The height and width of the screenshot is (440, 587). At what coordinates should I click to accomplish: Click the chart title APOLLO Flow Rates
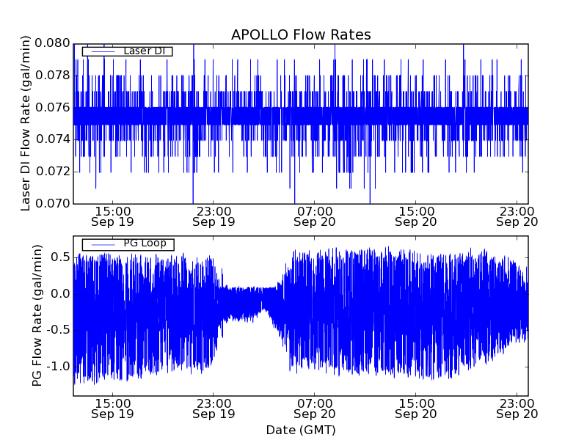[301, 34]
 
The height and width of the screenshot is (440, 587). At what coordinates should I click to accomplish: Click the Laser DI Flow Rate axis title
[26, 123]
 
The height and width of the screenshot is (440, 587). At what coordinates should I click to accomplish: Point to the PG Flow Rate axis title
[37, 316]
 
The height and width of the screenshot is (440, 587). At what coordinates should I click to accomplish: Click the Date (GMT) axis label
[301, 430]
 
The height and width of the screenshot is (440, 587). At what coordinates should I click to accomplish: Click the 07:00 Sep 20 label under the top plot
[315, 216]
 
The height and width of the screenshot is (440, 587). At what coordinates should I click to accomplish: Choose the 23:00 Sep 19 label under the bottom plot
[214, 408]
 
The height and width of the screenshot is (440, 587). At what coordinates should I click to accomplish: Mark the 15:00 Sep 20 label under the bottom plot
[416, 408]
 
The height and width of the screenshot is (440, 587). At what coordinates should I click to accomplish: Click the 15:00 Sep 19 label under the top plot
[112, 216]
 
